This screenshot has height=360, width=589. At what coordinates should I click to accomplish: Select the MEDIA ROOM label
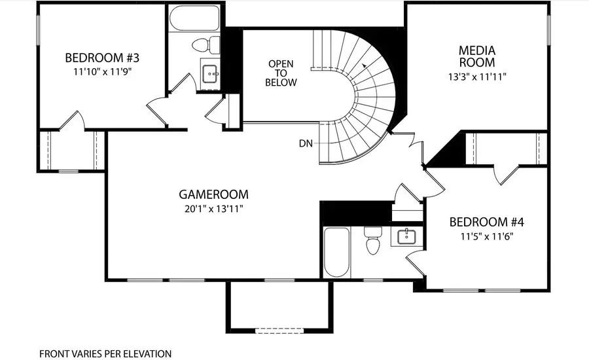tap(476, 56)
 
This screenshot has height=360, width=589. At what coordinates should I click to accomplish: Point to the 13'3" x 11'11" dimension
tap(476, 77)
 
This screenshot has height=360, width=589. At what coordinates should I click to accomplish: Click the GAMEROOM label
tap(214, 194)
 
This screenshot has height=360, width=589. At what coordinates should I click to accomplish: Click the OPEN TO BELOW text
tap(281, 73)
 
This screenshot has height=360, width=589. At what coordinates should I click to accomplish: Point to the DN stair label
tap(306, 143)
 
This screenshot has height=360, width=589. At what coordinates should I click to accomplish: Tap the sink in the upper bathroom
tap(211, 73)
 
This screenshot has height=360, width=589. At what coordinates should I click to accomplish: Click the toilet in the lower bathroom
tap(373, 240)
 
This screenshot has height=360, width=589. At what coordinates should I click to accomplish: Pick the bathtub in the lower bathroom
tap(337, 252)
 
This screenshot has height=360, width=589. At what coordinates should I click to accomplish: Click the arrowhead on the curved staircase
tap(363, 65)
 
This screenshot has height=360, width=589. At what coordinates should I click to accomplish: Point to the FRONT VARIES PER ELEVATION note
tap(105, 353)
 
